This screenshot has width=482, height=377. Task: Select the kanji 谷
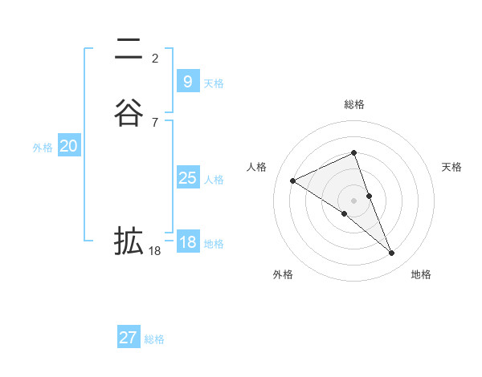pyautogui.click(x=129, y=112)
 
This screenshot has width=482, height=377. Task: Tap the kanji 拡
pyautogui.click(x=129, y=240)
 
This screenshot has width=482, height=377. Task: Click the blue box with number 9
pyautogui.click(x=187, y=81)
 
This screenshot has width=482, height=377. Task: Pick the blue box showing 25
pyautogui.click(x=187, y=178)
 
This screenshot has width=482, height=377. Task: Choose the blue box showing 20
pyautogui.click(x=68, y=146)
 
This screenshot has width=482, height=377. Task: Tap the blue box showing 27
pyautogui.click(x=128, y=338)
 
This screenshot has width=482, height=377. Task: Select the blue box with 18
pyautogui.click(x=187, y=242)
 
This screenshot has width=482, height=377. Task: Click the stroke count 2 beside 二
pyautogui.click(x=155, y=58)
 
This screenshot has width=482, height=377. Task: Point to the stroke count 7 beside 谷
pyautogui.click(x=155, y=122)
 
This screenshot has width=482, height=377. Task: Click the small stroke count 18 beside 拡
pyautogui.click(x=155, y=251)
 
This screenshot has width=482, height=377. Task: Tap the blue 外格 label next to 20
pyautogui.click(x=43, y=148)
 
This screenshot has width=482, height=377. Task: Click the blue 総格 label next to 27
pyautogui.click(x=154, y=339)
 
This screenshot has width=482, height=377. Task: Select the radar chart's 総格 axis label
pyautogui.click(x=354, y=104)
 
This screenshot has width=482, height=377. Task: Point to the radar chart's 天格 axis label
pyautogui.click(x=452, y=167)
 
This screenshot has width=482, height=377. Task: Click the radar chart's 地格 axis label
pyautogui.click(x=421, y=274)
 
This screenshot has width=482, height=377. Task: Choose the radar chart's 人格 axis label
pyautogui.click(x=257, y=167)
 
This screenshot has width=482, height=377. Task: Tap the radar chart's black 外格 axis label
pyautogui.click(x=283, y=274)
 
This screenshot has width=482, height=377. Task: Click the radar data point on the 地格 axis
pyautogui.click(x=392, y=253)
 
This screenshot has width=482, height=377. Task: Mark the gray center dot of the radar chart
pyautogui.click(x=354, y=200)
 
